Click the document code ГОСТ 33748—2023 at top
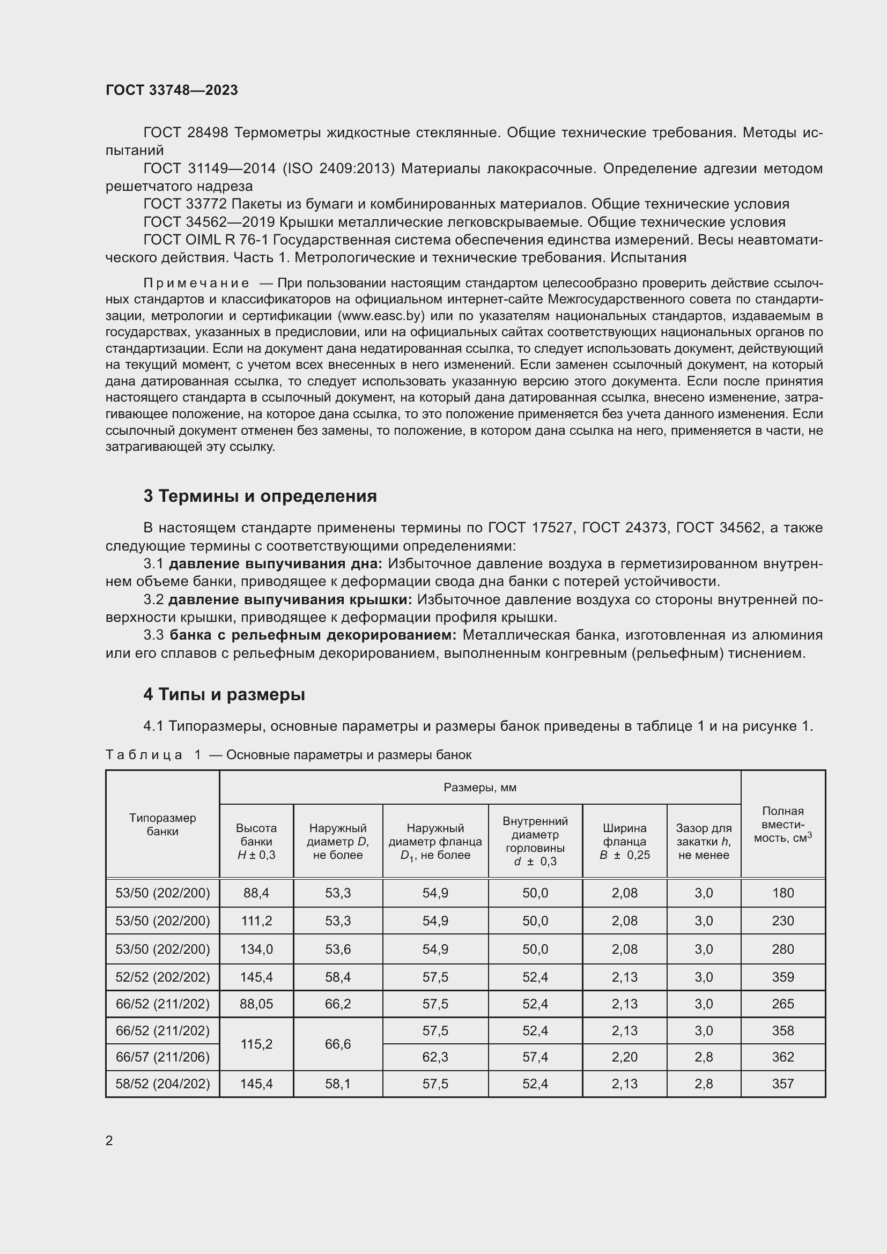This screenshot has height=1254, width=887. (x=172, y=90)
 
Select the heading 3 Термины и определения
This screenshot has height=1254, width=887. (x=260, y=496)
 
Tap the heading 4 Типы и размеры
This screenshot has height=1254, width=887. (x=224, y=694)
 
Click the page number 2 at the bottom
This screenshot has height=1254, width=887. (x=109, y=1140)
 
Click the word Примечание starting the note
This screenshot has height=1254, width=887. (x=196, y=283)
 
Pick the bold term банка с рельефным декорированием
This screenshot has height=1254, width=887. (x=313, y=635)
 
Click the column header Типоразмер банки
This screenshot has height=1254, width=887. (x=162, y=824)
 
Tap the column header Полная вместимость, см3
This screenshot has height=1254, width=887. (x=782, y=824)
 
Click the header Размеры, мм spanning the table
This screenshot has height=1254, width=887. (x=479, y=787)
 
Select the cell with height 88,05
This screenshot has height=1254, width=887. (x=256, y=1004)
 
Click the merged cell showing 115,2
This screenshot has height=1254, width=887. (x=256, y=1044)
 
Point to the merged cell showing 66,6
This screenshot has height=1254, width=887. (x=337, y=1044)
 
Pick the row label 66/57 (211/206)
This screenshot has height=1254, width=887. (x=162, y=1057)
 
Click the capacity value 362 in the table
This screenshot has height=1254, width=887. (x=782, y=1057)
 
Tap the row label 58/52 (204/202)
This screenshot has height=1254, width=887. (x=162, y=1084)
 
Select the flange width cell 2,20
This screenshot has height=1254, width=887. (x=624, y=1057)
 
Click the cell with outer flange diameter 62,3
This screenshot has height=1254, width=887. (x=435, y=1057)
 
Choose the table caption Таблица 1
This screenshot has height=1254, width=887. (x=153, y=755)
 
